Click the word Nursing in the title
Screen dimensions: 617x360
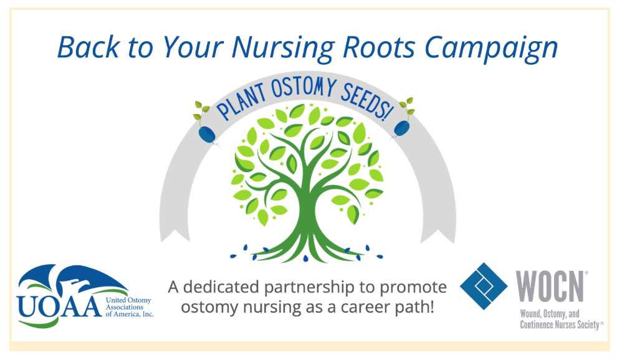click(282, 49)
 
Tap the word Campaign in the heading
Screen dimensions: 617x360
click(491, 49)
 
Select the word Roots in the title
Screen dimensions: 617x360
click(379, 47)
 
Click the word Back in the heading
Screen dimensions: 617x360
click(88, 47)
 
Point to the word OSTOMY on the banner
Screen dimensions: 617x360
click(303, 87)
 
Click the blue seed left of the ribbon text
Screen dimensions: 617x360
click(207, 134)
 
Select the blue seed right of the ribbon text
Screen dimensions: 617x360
click(402, 128)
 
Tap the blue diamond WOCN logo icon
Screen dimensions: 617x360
click(484, 286)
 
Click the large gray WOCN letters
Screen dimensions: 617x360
click(550, 286)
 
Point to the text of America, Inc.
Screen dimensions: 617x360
click(130, 314)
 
